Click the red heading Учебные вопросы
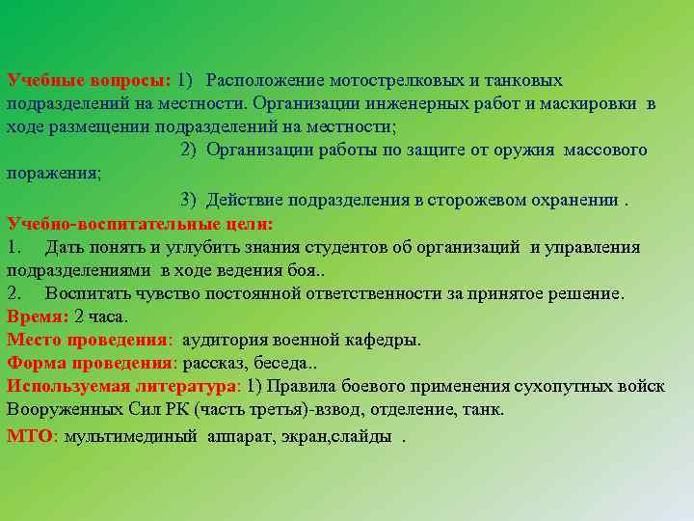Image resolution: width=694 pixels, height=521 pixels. [x=87, y=81]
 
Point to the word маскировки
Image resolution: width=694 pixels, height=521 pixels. [x=593, y=104]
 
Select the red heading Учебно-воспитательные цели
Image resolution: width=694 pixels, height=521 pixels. [x=140, y=223]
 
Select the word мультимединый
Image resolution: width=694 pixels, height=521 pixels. [x=132, y=435]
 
